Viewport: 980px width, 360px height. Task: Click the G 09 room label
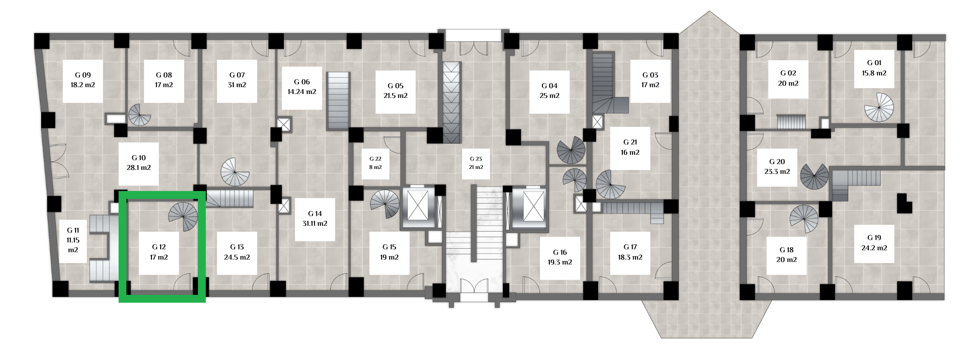82,80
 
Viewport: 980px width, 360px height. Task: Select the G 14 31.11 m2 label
315,218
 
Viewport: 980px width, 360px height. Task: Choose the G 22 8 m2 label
375,163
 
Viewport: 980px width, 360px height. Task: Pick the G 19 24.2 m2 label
874,243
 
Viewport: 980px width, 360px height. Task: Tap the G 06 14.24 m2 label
302,87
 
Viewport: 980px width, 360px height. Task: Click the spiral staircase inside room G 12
183,216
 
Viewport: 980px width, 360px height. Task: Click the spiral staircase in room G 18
804,219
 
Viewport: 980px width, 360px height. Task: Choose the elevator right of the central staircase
531,206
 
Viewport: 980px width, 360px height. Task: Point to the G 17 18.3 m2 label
630,252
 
